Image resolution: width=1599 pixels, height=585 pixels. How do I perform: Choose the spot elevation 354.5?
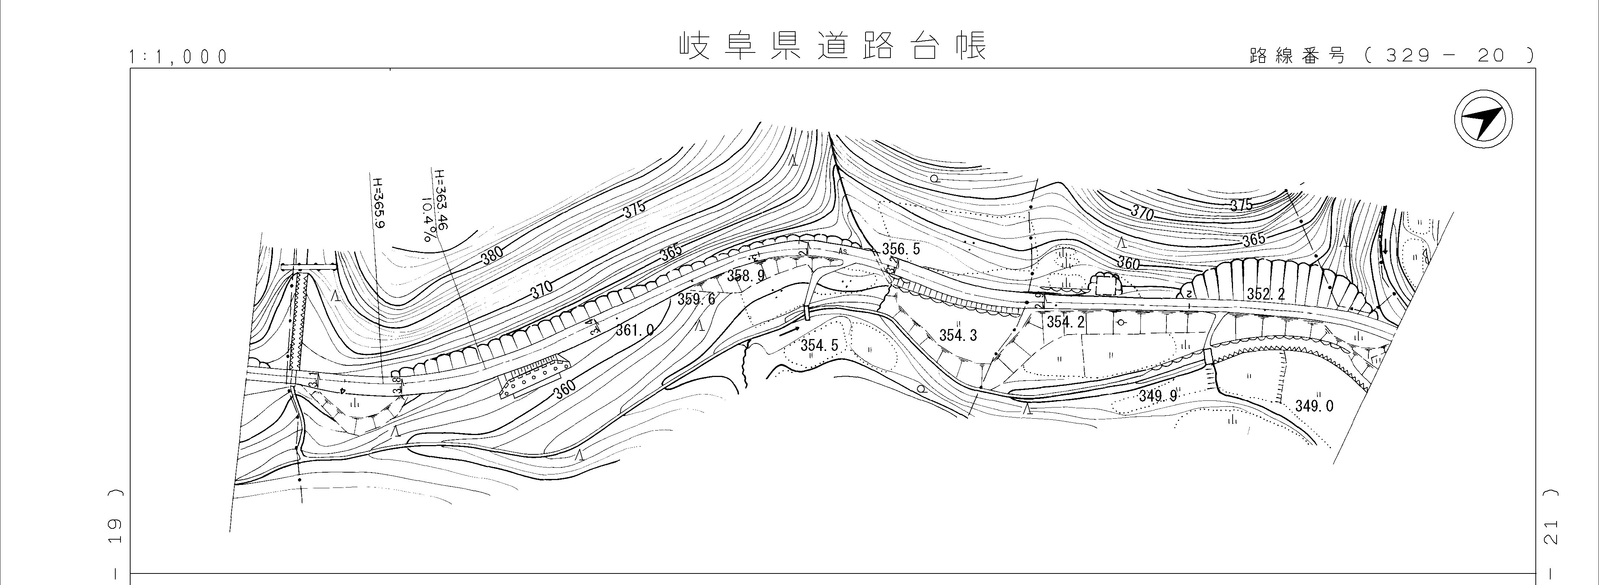tap(819, 345)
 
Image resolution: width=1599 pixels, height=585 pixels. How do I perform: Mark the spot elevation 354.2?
tap(1065, 322)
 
